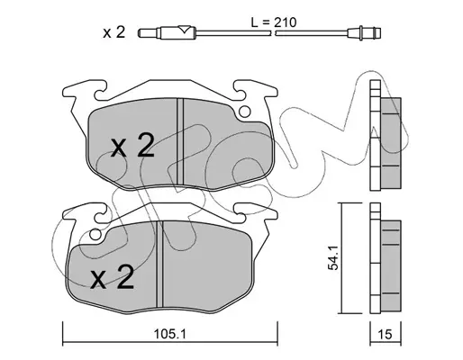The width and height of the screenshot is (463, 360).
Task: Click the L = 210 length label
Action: point(274,22)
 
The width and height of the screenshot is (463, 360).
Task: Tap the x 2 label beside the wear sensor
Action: point(113,32)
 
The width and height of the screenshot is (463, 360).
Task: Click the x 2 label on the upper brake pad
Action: point(132,146)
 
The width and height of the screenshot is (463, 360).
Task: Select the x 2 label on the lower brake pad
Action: point(113,277)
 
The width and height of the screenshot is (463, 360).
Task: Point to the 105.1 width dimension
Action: point(170,334)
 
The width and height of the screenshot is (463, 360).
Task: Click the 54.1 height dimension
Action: point(333,257)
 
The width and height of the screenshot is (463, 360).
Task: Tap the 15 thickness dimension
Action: point(386,334)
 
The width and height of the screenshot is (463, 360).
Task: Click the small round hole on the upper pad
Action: point(245,112)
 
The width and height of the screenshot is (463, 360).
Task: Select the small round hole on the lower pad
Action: point(95,235)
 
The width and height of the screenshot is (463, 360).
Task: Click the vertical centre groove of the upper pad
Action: point(180,141)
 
